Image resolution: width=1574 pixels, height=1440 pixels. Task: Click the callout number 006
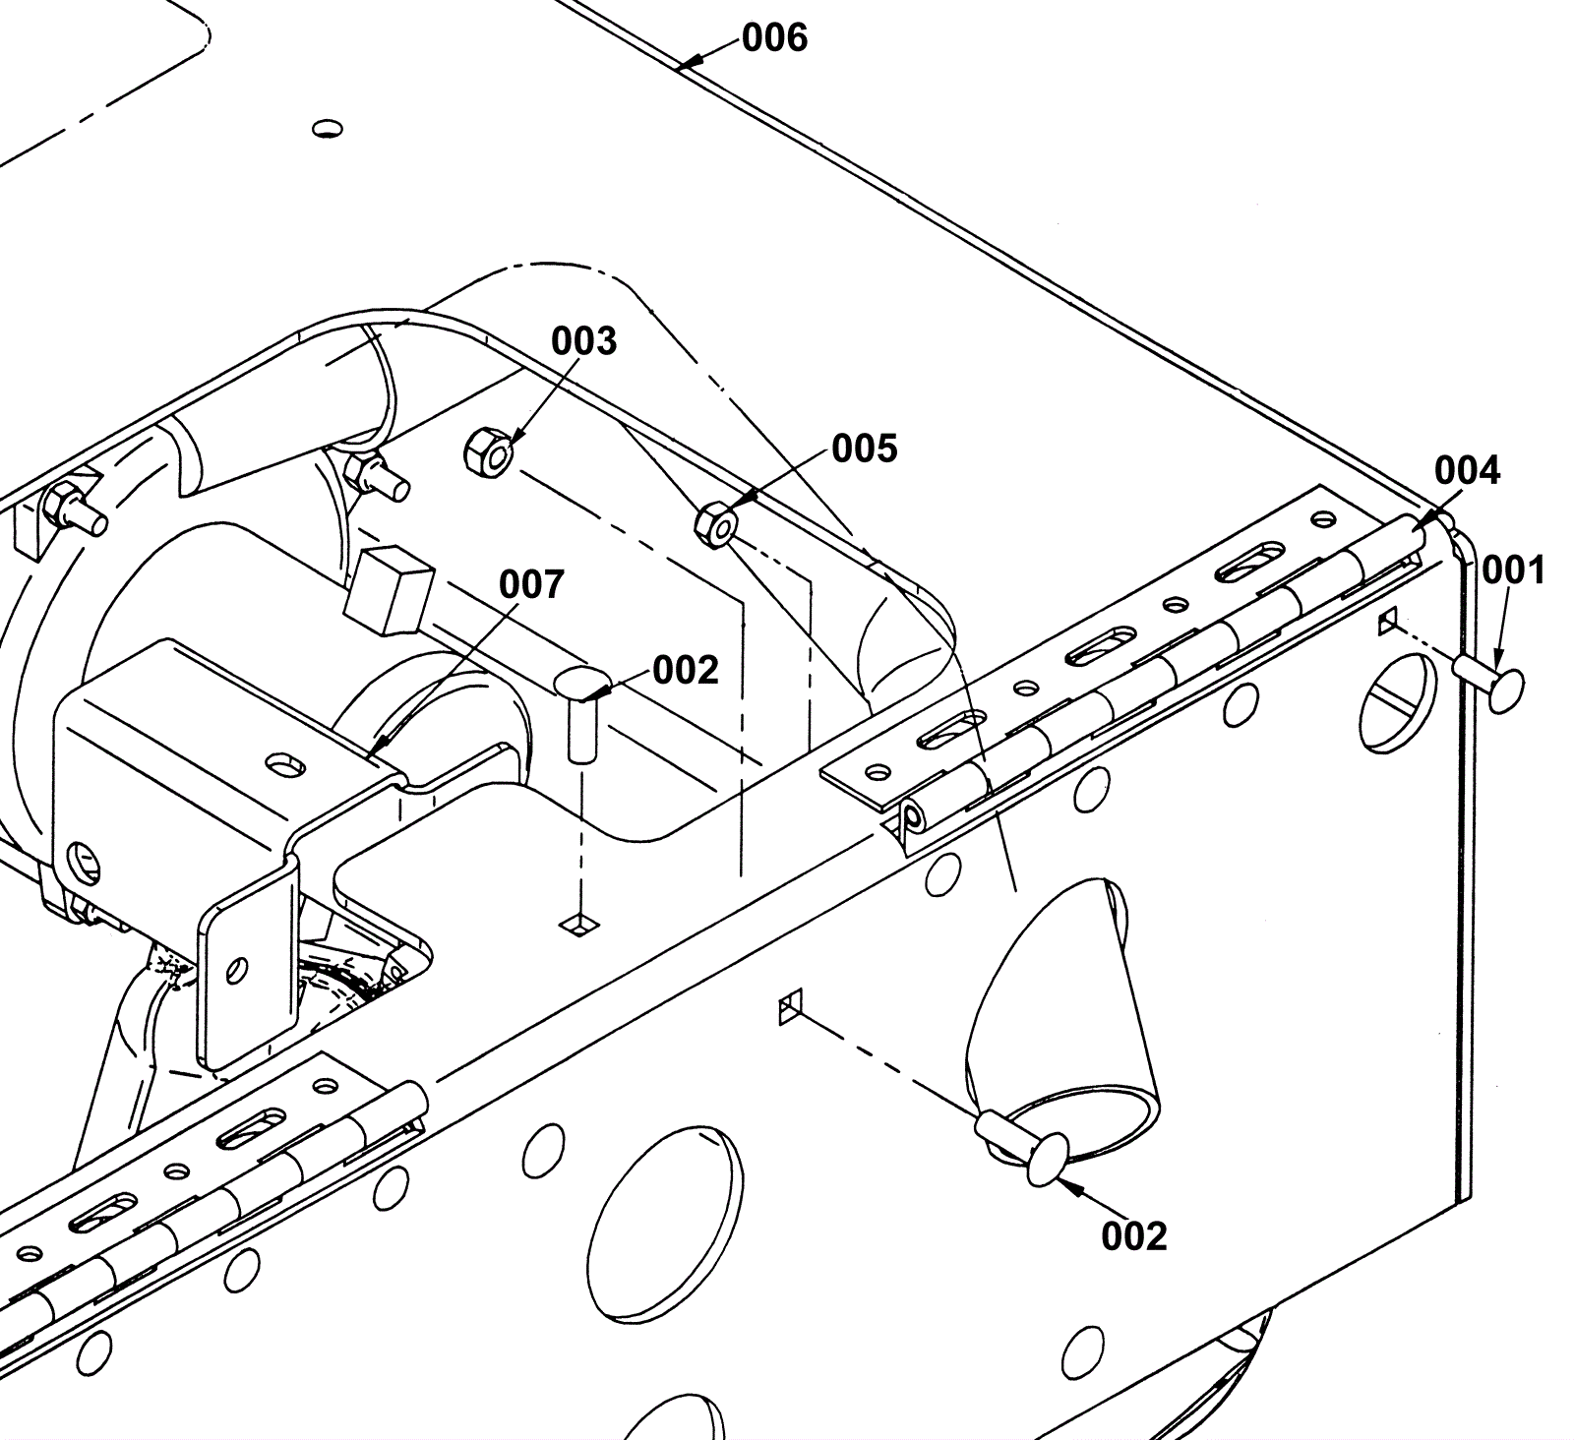pyautogui.click(x=774, y=38)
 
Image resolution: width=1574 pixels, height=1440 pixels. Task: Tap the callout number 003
pyautogui.click(x=583, y=341)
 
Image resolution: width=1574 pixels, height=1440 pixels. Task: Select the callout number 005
pyautogui.click(x=865, y=449)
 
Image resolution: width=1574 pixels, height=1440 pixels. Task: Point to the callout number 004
pyautogui.click(x=1467, y=471)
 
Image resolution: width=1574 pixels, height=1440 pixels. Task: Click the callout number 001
pyautogui.click(x=1513, y=570)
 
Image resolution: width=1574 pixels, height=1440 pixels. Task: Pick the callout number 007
pyautogui.click(x=531, y=584)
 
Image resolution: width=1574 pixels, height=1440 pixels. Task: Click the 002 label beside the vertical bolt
pyautogui.click(x=685, y=671)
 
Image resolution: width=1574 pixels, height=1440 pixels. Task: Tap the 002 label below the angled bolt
pyautogui.click(x=1133, y=1235)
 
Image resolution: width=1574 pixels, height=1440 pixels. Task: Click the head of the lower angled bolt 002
pyautogui.click(x=1048, y=1159)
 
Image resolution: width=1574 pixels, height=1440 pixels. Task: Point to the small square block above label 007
pyautogui.click(x=390, y=589)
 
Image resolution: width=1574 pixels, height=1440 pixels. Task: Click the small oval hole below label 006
pyautogui.click(x=328, y=128)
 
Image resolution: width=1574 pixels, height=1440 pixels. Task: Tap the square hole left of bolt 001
pyautogui.click(x=1388, y=621)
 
